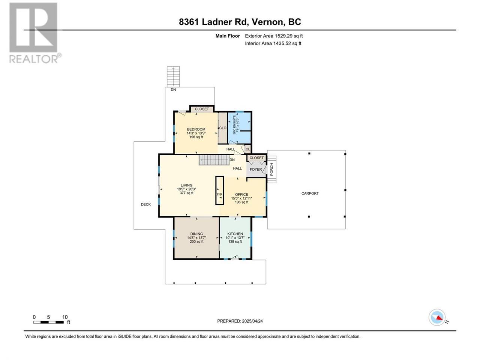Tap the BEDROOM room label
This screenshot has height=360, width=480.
tap(196, 129)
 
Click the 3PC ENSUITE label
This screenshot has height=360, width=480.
tap(234, 125)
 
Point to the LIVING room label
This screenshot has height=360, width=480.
tap(186, 185)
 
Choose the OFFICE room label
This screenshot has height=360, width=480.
tap(241, 194)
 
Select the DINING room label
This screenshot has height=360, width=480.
tap(196, 234)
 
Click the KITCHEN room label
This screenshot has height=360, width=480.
tap(235, 234)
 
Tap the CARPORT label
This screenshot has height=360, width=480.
tap(310, 193)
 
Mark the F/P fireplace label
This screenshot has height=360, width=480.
tap(219, 195)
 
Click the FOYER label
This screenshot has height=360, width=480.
tap(256, 169)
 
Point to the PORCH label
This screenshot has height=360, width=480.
tap(271, 169)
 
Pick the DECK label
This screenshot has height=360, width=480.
tap(145, 204)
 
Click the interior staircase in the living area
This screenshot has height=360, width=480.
tap(214, 160)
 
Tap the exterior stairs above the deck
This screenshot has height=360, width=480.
tap(173, 77)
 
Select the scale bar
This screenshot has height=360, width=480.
tap(48, 322)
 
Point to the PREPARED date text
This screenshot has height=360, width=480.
tap(240, 321)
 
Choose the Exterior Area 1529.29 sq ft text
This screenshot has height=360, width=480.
tap(274, 36)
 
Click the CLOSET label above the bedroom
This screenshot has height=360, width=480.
tap(202, 109)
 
